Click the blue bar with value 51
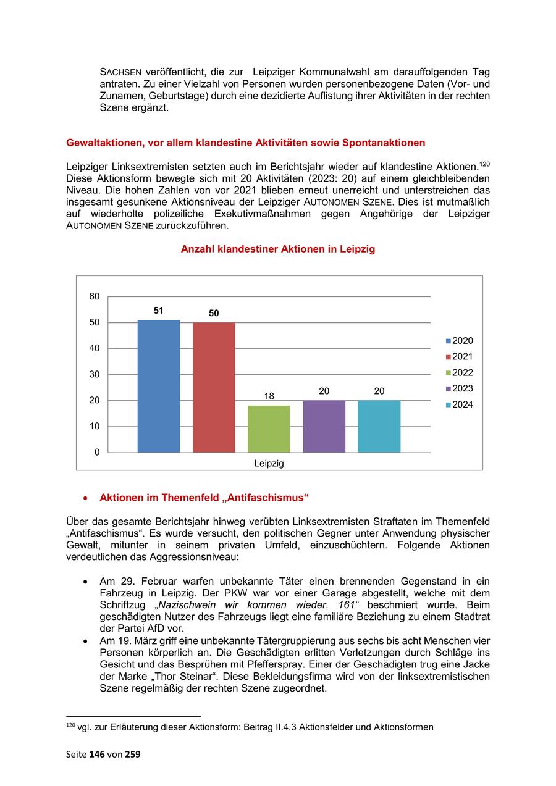[x=158, y=386]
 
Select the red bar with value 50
[x=214, y=387]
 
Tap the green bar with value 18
[x=269, y=429]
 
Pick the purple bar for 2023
[x=324, y=426]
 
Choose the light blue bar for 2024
[x=379, y=426]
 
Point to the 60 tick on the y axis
[x=95, y=296]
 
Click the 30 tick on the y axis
[x=95, y=375]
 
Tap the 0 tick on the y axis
[x=97, y=453]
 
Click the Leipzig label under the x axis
[x=269, y=464]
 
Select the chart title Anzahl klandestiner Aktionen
[x=277, y=249]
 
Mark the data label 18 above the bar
[x=269, y=396]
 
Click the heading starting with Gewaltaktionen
[x=245, y=143]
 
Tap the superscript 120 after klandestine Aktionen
[x=484, y=163]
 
